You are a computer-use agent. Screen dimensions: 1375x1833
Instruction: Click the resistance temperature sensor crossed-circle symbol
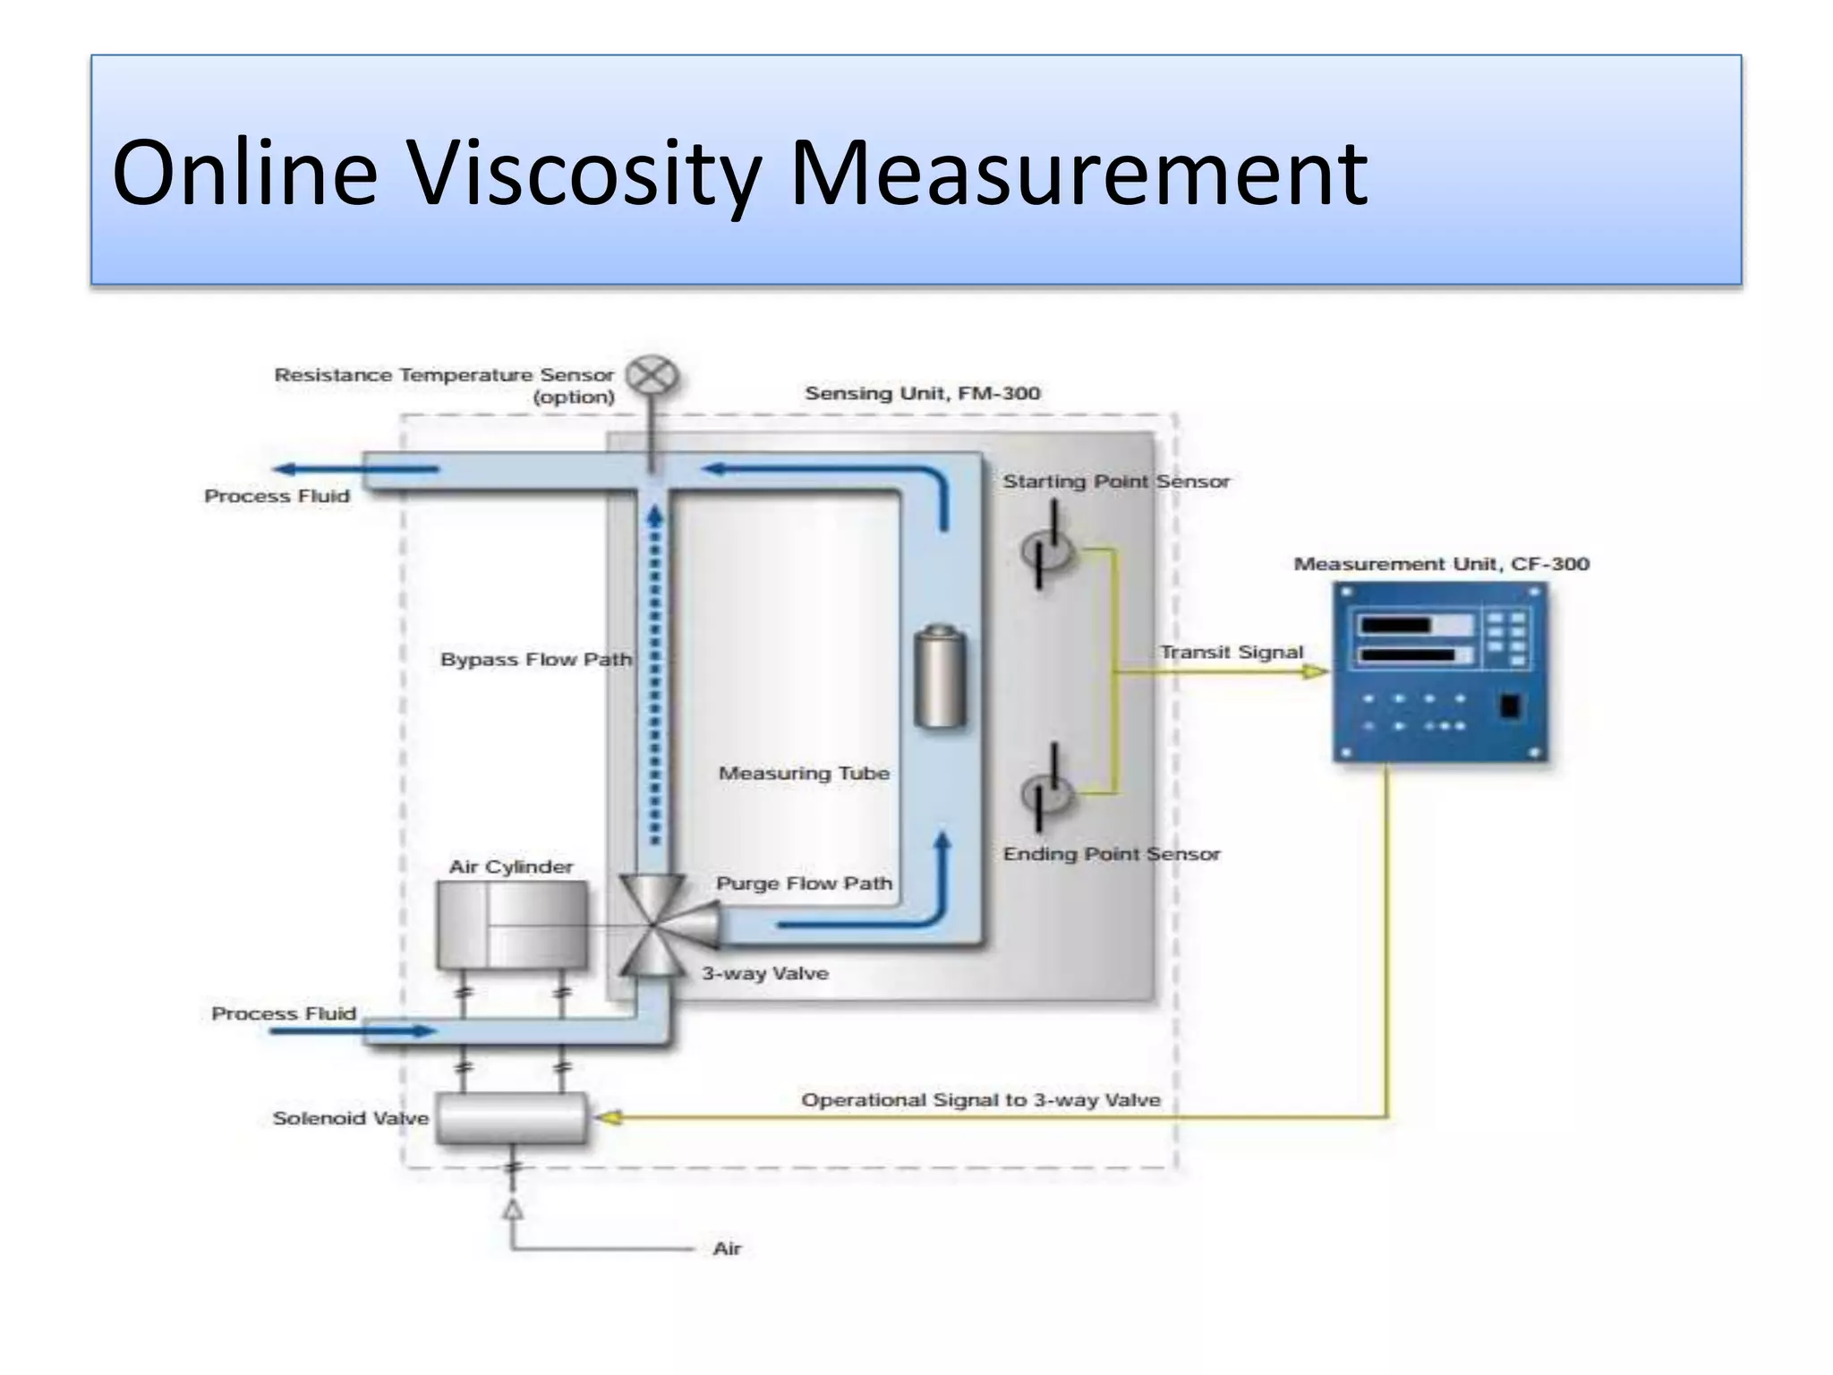652,376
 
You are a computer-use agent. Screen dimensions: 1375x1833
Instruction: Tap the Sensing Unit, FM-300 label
922,393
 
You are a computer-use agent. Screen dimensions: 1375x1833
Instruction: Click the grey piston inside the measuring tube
939,676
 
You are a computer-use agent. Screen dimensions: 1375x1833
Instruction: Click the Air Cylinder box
512,926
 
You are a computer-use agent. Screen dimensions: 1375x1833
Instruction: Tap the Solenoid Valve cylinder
511,1118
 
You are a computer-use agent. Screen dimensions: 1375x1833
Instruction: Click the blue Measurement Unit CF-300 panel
1439,671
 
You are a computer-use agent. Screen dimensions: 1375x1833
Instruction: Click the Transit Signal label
1231,652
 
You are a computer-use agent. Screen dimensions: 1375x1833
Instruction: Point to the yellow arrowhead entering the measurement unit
1314,671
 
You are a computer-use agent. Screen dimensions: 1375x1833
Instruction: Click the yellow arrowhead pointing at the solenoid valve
610,1117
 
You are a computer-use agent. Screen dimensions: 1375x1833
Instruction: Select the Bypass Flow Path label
535,660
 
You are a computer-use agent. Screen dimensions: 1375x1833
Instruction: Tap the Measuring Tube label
804,773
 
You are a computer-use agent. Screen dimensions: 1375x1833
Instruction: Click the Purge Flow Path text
804,884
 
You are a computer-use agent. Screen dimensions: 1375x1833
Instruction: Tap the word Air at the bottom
727,1249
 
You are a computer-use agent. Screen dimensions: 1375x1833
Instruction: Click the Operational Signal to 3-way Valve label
980,1100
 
